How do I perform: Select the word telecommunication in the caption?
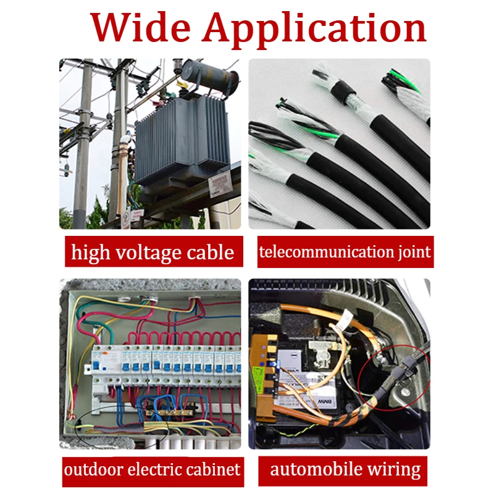322,252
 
